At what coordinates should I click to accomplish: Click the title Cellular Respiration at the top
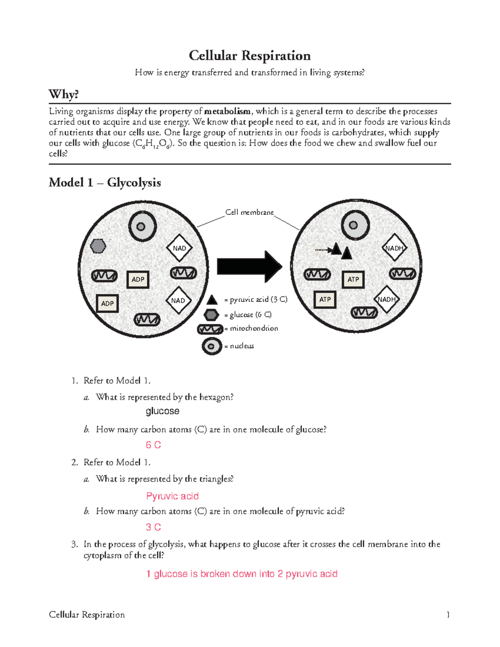pos(250,55)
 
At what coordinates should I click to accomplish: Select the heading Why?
pos(63,94)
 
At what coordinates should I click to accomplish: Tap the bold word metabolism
pos(227,111)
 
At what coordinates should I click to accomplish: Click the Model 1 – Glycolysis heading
pos(105,182)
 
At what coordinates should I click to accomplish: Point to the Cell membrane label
pos(249,212)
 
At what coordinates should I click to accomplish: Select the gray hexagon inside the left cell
pos(98,246)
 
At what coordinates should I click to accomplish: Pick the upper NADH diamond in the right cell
pos(394,248)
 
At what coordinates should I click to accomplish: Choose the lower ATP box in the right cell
pos(325,299)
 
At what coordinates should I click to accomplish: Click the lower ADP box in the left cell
pos(107,303)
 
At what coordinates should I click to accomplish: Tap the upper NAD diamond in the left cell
pos(179,248)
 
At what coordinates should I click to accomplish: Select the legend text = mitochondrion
pos(251,328)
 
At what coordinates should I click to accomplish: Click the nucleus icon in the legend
pos(212,346)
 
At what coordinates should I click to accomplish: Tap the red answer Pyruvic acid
pos(172,496)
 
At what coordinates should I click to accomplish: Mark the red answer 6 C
pos(153,445)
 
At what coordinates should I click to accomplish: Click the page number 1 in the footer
pos(448,615)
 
